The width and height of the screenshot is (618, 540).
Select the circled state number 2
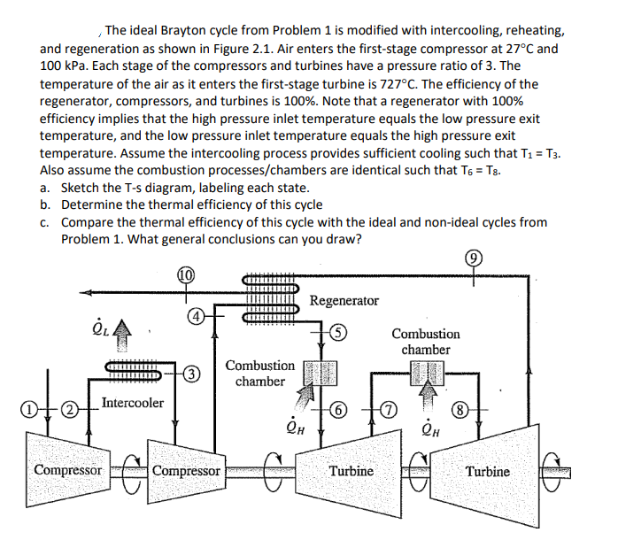point(67,409)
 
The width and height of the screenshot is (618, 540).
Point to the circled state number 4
point(194,316)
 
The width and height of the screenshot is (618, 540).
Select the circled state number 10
point(186,274)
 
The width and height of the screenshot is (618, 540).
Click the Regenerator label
point(344,301)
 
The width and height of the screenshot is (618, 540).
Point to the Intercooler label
point(132,404)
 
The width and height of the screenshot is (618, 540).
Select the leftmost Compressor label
point(67,470)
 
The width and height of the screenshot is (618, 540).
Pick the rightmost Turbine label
point(487,470)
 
